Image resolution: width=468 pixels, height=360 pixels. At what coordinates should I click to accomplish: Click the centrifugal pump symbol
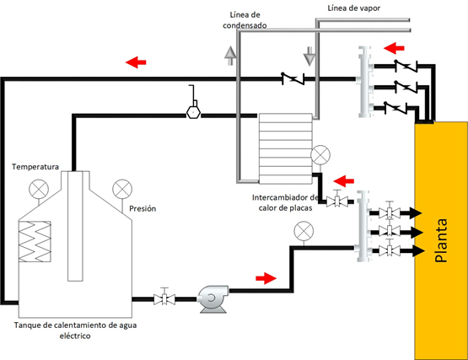click(213, 299)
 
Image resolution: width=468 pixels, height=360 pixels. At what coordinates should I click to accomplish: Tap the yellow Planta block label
click(441, 240)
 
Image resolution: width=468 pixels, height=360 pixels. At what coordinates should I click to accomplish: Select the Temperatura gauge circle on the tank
click(39, 189)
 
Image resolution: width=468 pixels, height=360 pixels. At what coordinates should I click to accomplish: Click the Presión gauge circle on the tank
click(122, 189)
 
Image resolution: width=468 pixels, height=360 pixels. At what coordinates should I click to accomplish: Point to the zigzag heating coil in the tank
click(35, 241)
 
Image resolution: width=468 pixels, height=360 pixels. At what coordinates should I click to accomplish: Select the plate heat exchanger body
click(285, 148)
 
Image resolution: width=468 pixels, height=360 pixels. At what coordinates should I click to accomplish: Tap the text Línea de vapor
click(354, 8)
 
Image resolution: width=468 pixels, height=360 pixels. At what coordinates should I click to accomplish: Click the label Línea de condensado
click(245, 20)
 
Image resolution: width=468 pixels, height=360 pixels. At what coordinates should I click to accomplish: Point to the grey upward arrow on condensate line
click(230, 56)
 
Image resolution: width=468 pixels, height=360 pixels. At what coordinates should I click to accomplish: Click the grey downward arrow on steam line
click(309, 56)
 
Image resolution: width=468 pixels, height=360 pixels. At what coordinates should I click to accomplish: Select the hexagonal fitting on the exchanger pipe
click(193, 112)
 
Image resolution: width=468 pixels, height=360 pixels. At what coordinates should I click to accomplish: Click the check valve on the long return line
click(293, 78)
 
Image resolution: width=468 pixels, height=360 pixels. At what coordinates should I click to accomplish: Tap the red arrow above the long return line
click(136, 62)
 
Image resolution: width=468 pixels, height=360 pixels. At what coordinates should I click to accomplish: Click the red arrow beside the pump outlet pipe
click(266, 278)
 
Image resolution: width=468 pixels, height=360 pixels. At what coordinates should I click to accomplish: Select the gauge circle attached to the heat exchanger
click(320, 155)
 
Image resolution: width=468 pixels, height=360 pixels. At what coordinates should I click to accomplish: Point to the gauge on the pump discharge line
click(304, 231)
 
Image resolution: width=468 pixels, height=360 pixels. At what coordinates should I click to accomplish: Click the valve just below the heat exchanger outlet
click(337, 201)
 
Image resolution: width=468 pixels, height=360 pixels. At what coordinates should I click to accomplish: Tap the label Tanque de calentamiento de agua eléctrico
click(75, 330)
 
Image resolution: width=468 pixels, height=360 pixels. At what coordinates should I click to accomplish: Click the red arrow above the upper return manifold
click(394, 48)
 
